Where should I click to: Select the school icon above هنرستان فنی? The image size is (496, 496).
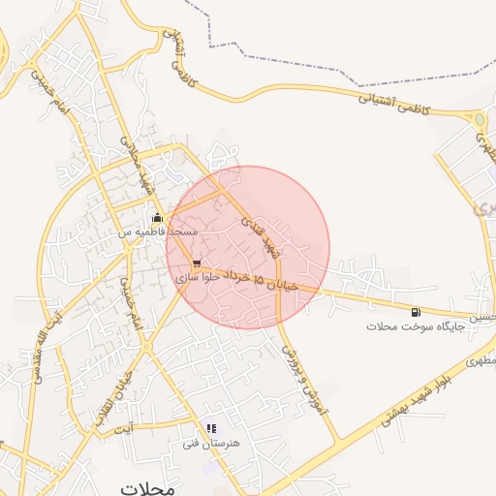(211, 427)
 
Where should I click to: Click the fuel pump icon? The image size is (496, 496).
(416, 312)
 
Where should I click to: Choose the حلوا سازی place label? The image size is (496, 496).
(198, 277)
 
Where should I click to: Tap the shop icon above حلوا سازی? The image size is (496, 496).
(198, 263)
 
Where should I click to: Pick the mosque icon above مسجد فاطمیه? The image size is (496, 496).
(157, 218)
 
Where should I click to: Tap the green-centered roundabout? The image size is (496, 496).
(479, 120)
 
